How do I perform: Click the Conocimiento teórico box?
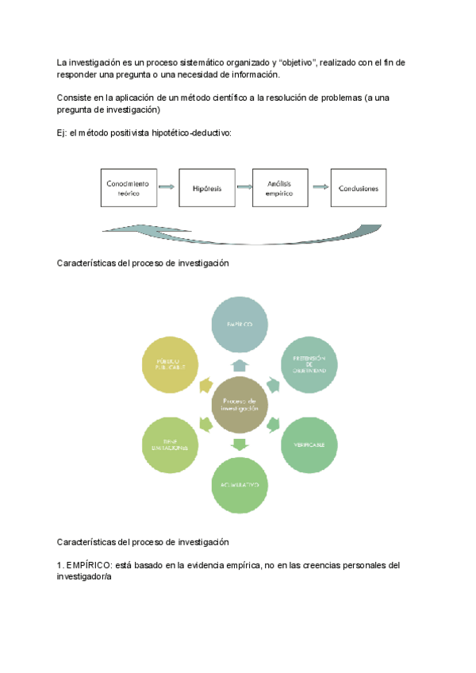pos(128,188)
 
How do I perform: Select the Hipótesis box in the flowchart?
pos(205,188)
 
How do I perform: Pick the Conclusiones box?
pos(359,188)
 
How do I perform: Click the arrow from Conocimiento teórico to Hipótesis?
pos(167,188)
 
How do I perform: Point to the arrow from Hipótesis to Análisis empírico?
pos(242,188)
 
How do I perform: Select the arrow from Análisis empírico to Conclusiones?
pos(320,188)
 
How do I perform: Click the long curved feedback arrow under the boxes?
pos(238,233)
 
